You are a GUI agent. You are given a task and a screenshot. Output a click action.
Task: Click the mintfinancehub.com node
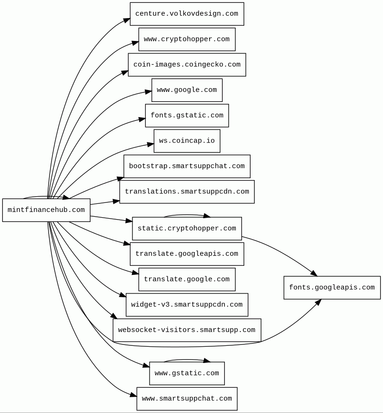click(x=46, y=210)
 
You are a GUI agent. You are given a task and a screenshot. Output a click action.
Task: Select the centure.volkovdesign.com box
click(x=187, y=14)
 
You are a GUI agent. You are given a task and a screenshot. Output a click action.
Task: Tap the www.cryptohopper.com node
click(x=187, y=39)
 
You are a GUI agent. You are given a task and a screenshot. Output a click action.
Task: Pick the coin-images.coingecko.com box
click(x=187, y=65)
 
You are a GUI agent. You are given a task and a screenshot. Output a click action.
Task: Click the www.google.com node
click(x=187, y=90)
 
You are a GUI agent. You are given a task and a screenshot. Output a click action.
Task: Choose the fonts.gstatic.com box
click(x=187, y=115)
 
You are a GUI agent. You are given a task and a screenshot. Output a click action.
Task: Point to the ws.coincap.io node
click(x=187, y=141)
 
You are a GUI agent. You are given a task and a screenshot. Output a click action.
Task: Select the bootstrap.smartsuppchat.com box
click(x=187, y=166)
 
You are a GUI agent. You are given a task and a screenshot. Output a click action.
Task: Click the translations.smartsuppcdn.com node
click(x=187, y=191)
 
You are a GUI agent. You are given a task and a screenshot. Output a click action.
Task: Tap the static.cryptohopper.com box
click(x=187, y=229)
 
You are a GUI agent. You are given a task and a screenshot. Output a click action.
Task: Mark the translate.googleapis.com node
click(x=187, y=254)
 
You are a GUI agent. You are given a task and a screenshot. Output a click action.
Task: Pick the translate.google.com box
click(x=187, y=280)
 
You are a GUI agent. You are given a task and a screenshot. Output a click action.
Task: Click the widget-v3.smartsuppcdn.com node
click(x=187, y=305)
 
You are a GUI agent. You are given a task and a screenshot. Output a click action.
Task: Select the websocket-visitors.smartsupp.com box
click(x=187, y=330)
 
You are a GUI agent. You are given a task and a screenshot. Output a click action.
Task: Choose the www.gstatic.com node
click(x=187, y=373)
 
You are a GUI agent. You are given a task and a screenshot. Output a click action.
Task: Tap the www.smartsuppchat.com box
click(x=187, y=399)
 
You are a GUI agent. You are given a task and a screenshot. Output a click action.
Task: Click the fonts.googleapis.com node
click(x=332, y=288)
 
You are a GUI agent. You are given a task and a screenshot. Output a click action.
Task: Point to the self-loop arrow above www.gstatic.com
click(x=187, y=360)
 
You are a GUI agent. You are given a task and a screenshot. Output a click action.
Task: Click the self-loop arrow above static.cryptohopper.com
click(x=187, y=215)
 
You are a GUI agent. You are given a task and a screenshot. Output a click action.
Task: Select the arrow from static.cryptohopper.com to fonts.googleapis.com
click(x=281, y=252)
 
